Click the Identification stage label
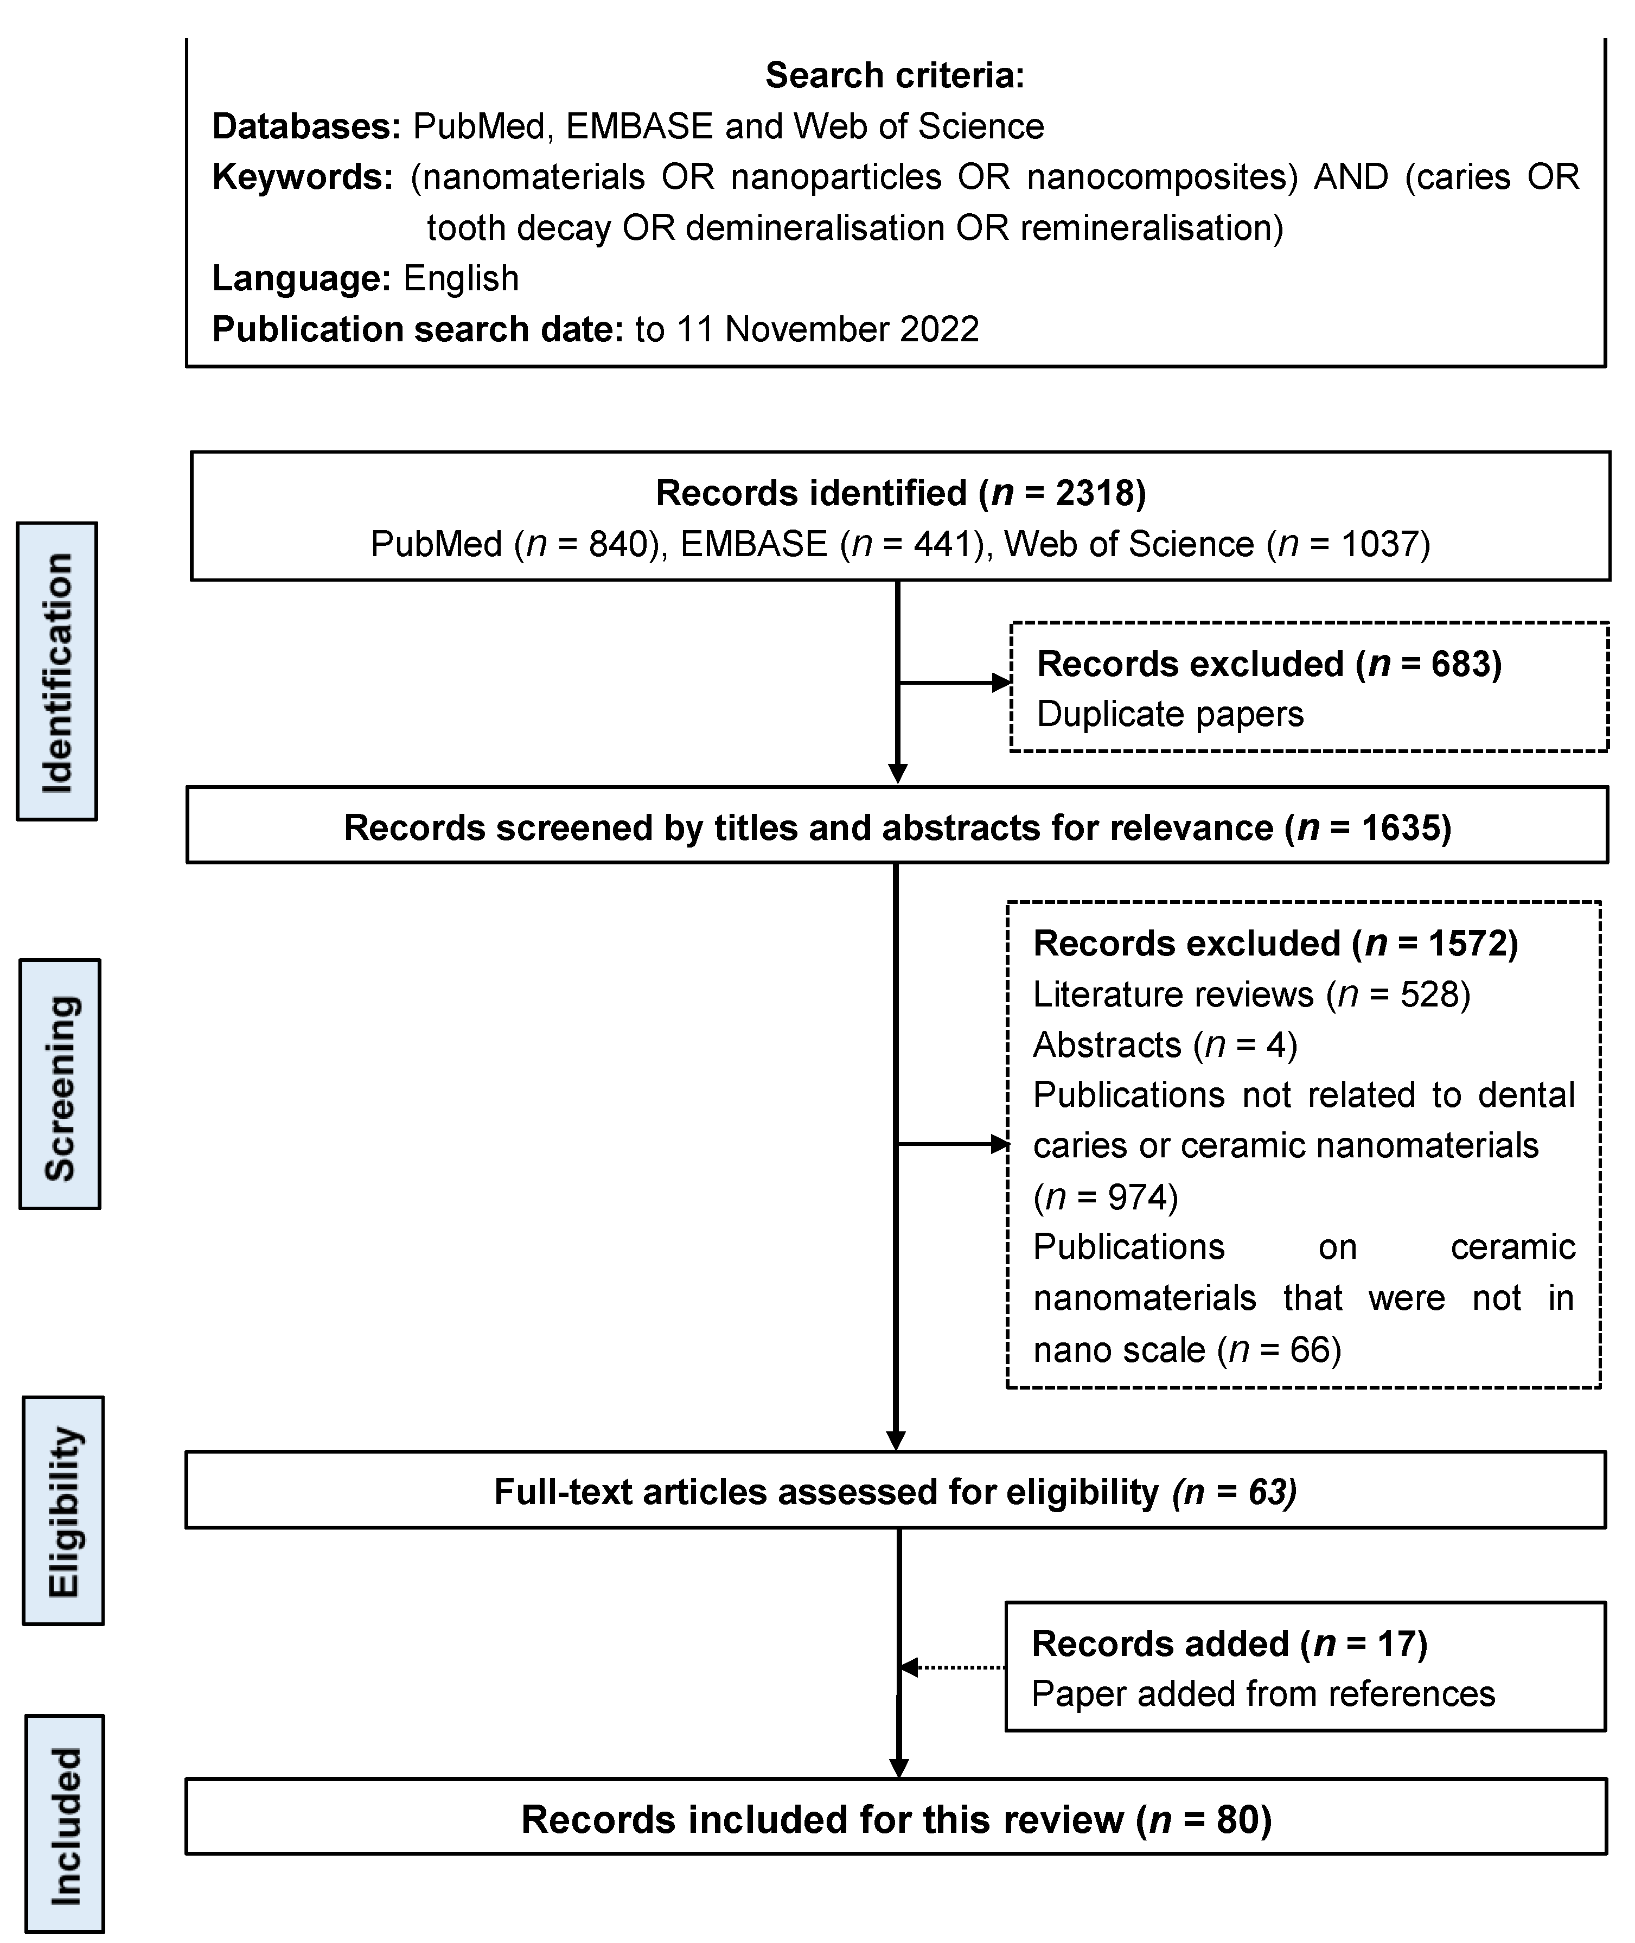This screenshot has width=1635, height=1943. [x=58, y=671]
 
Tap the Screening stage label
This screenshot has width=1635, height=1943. [x=60, y=1085]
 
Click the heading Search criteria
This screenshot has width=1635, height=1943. [x=895, y=75]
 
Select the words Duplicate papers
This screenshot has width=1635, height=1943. [x=1170, y=714]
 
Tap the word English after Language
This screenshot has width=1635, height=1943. [x=461, y=279]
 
